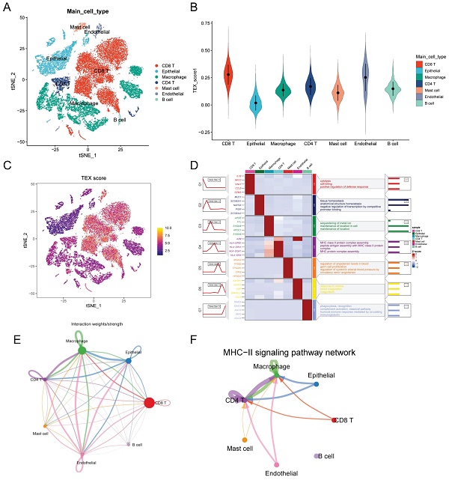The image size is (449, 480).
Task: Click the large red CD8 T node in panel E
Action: tap(150, 403)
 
